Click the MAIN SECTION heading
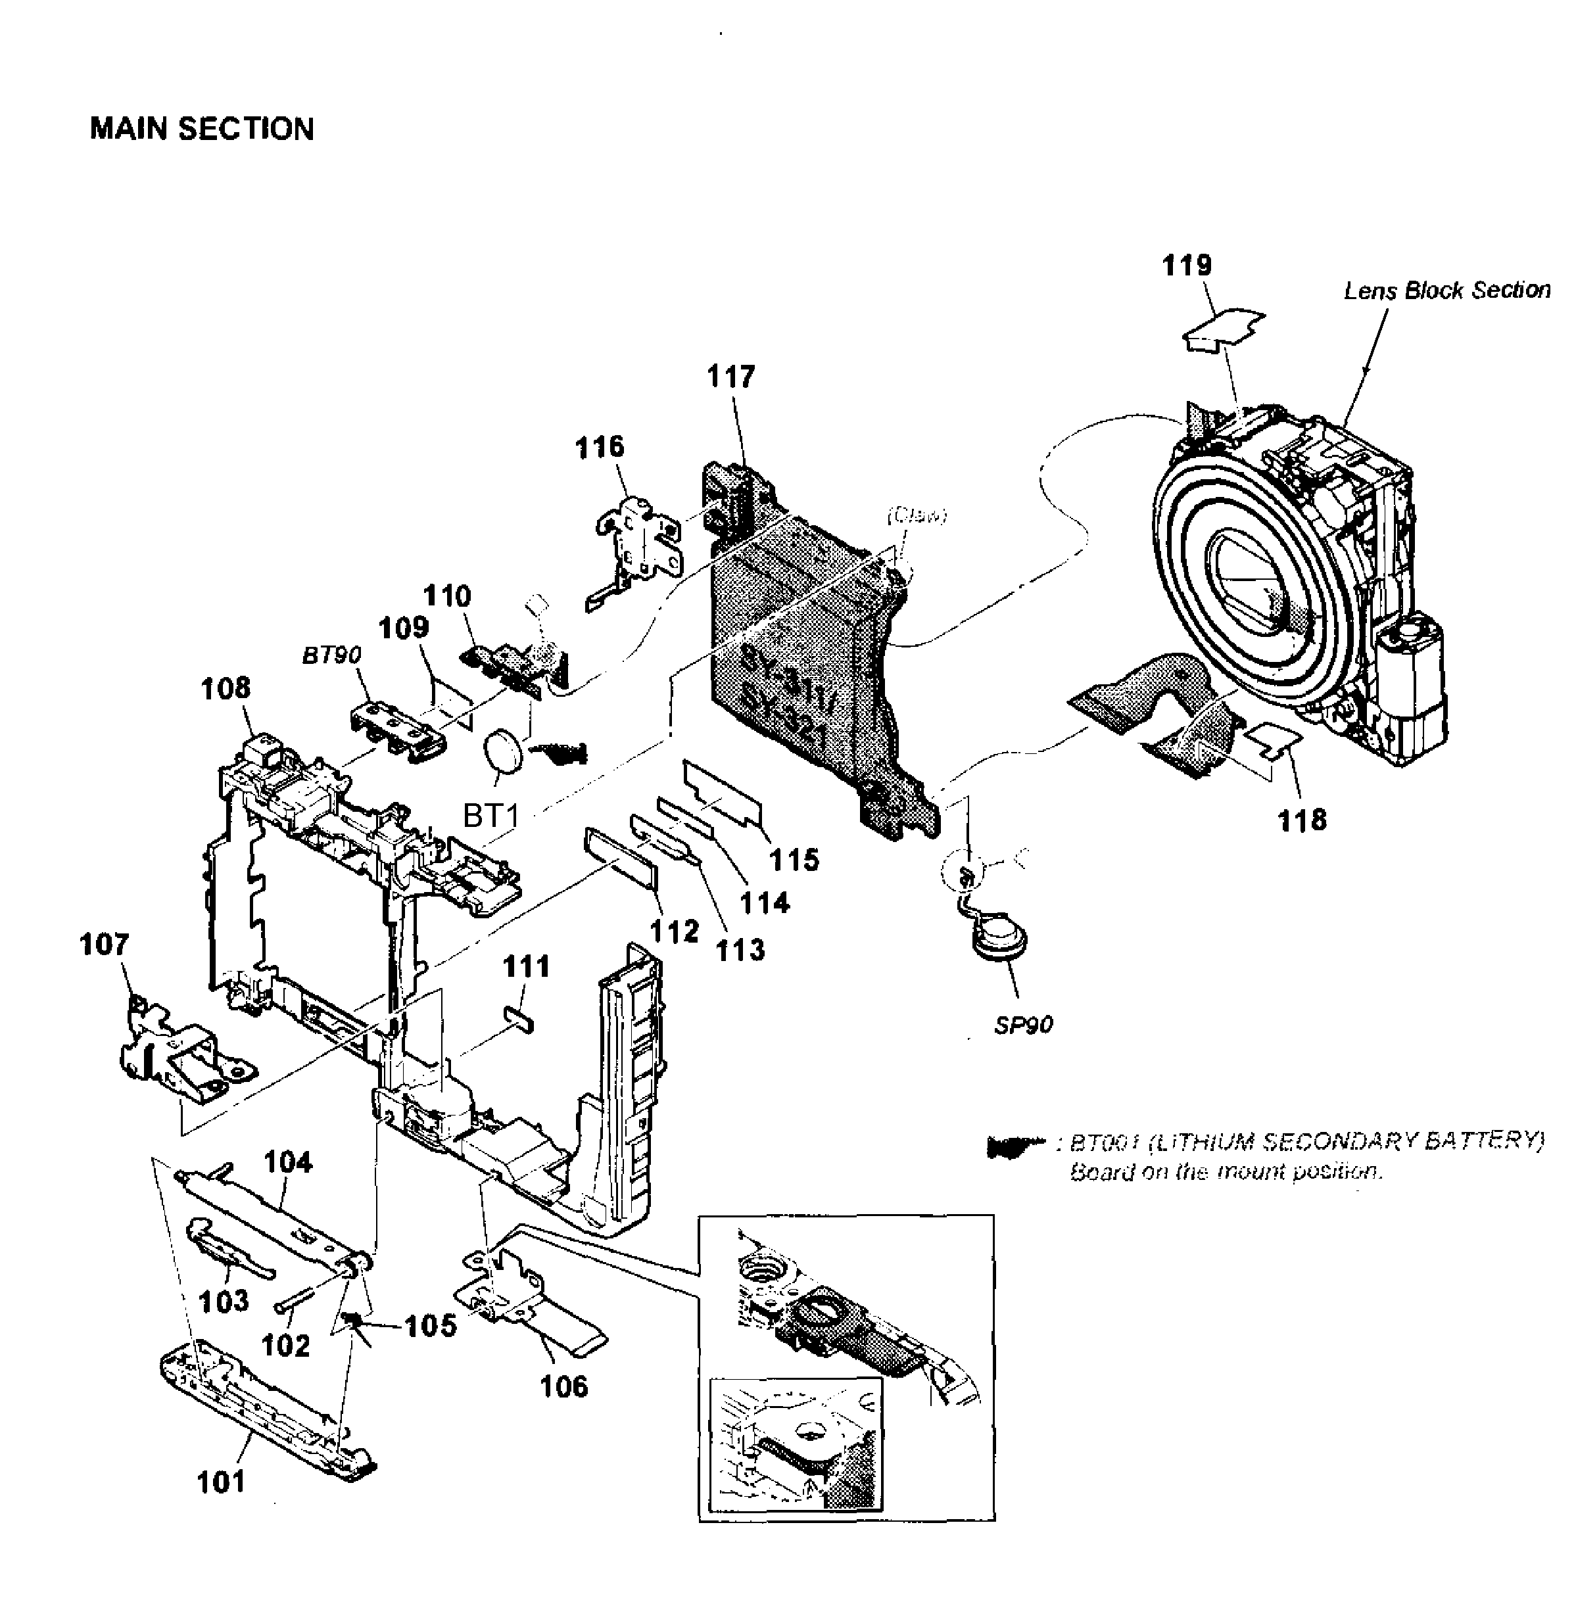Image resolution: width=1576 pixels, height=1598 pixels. click(x=202, y=129)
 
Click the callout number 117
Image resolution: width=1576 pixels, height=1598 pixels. click(x=730, y=377)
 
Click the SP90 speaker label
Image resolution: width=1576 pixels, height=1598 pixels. click(x=1022, y=1025)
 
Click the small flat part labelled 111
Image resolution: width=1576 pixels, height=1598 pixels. click(x=519, y=1019)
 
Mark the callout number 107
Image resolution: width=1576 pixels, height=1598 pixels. click(x=105, y=944)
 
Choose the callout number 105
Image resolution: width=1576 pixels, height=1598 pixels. click(x=430, y=1326)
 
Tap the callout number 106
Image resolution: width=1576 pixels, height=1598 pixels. click(x=563, y=1386)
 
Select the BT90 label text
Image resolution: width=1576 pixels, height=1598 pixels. click(x=331, y=655)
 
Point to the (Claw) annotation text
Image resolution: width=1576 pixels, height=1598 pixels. click(x=916, y=515)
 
